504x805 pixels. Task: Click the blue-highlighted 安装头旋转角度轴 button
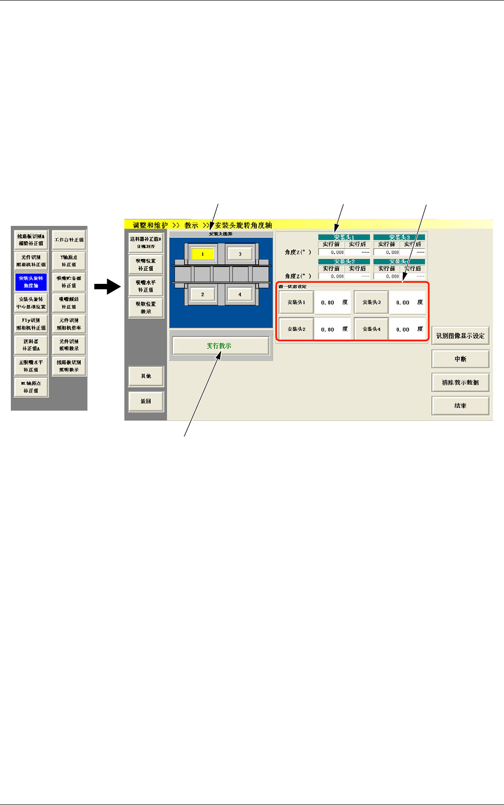[31, 282]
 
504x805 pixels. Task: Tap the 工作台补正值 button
[69, 239]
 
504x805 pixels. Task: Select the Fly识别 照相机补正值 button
[31, 324]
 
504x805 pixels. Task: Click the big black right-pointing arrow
[107, 287]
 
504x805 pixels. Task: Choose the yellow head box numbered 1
[203, 254]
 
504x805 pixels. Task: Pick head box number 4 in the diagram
[240, 295]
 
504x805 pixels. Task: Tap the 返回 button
[146, 401]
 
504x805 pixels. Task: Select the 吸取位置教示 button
[146, 308]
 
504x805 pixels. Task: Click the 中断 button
[460, 359]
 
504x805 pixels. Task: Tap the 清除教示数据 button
[460, 382]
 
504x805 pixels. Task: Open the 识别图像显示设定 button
[460, 336]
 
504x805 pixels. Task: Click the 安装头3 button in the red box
[371, 302]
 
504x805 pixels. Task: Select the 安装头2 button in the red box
[296, 329]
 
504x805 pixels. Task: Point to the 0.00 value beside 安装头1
[328, 303]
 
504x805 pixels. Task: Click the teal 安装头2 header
[344, 262]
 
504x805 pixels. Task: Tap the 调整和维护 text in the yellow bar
[150, 225]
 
